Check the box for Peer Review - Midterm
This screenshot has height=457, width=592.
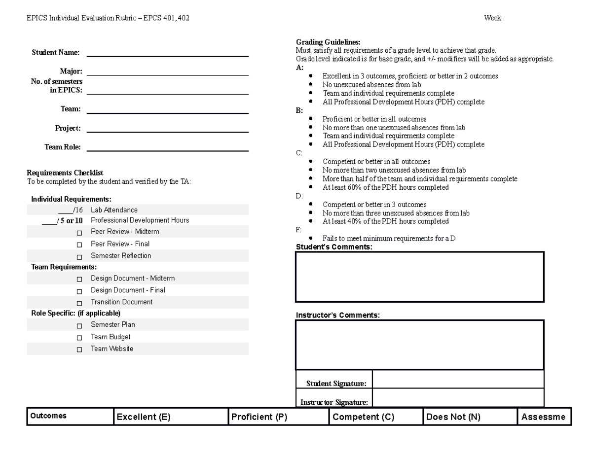pos(79,232)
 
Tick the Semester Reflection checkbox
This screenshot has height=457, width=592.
pos(79,257)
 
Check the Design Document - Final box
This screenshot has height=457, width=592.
pos(79,291)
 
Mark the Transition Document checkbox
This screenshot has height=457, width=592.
pos(79,303)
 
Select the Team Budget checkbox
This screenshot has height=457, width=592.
pos(79,338)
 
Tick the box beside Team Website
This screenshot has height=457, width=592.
pos(79,350)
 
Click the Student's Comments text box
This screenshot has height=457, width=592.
pos(419,277)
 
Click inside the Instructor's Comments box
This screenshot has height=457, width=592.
pos(419,345)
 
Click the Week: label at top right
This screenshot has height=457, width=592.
pos(493,18)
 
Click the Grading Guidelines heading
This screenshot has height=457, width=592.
pos(328,42)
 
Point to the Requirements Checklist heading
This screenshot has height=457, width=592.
pos(65,173)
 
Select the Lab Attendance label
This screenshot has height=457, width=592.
pos(114,210)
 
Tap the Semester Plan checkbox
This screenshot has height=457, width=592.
pos(79,326)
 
